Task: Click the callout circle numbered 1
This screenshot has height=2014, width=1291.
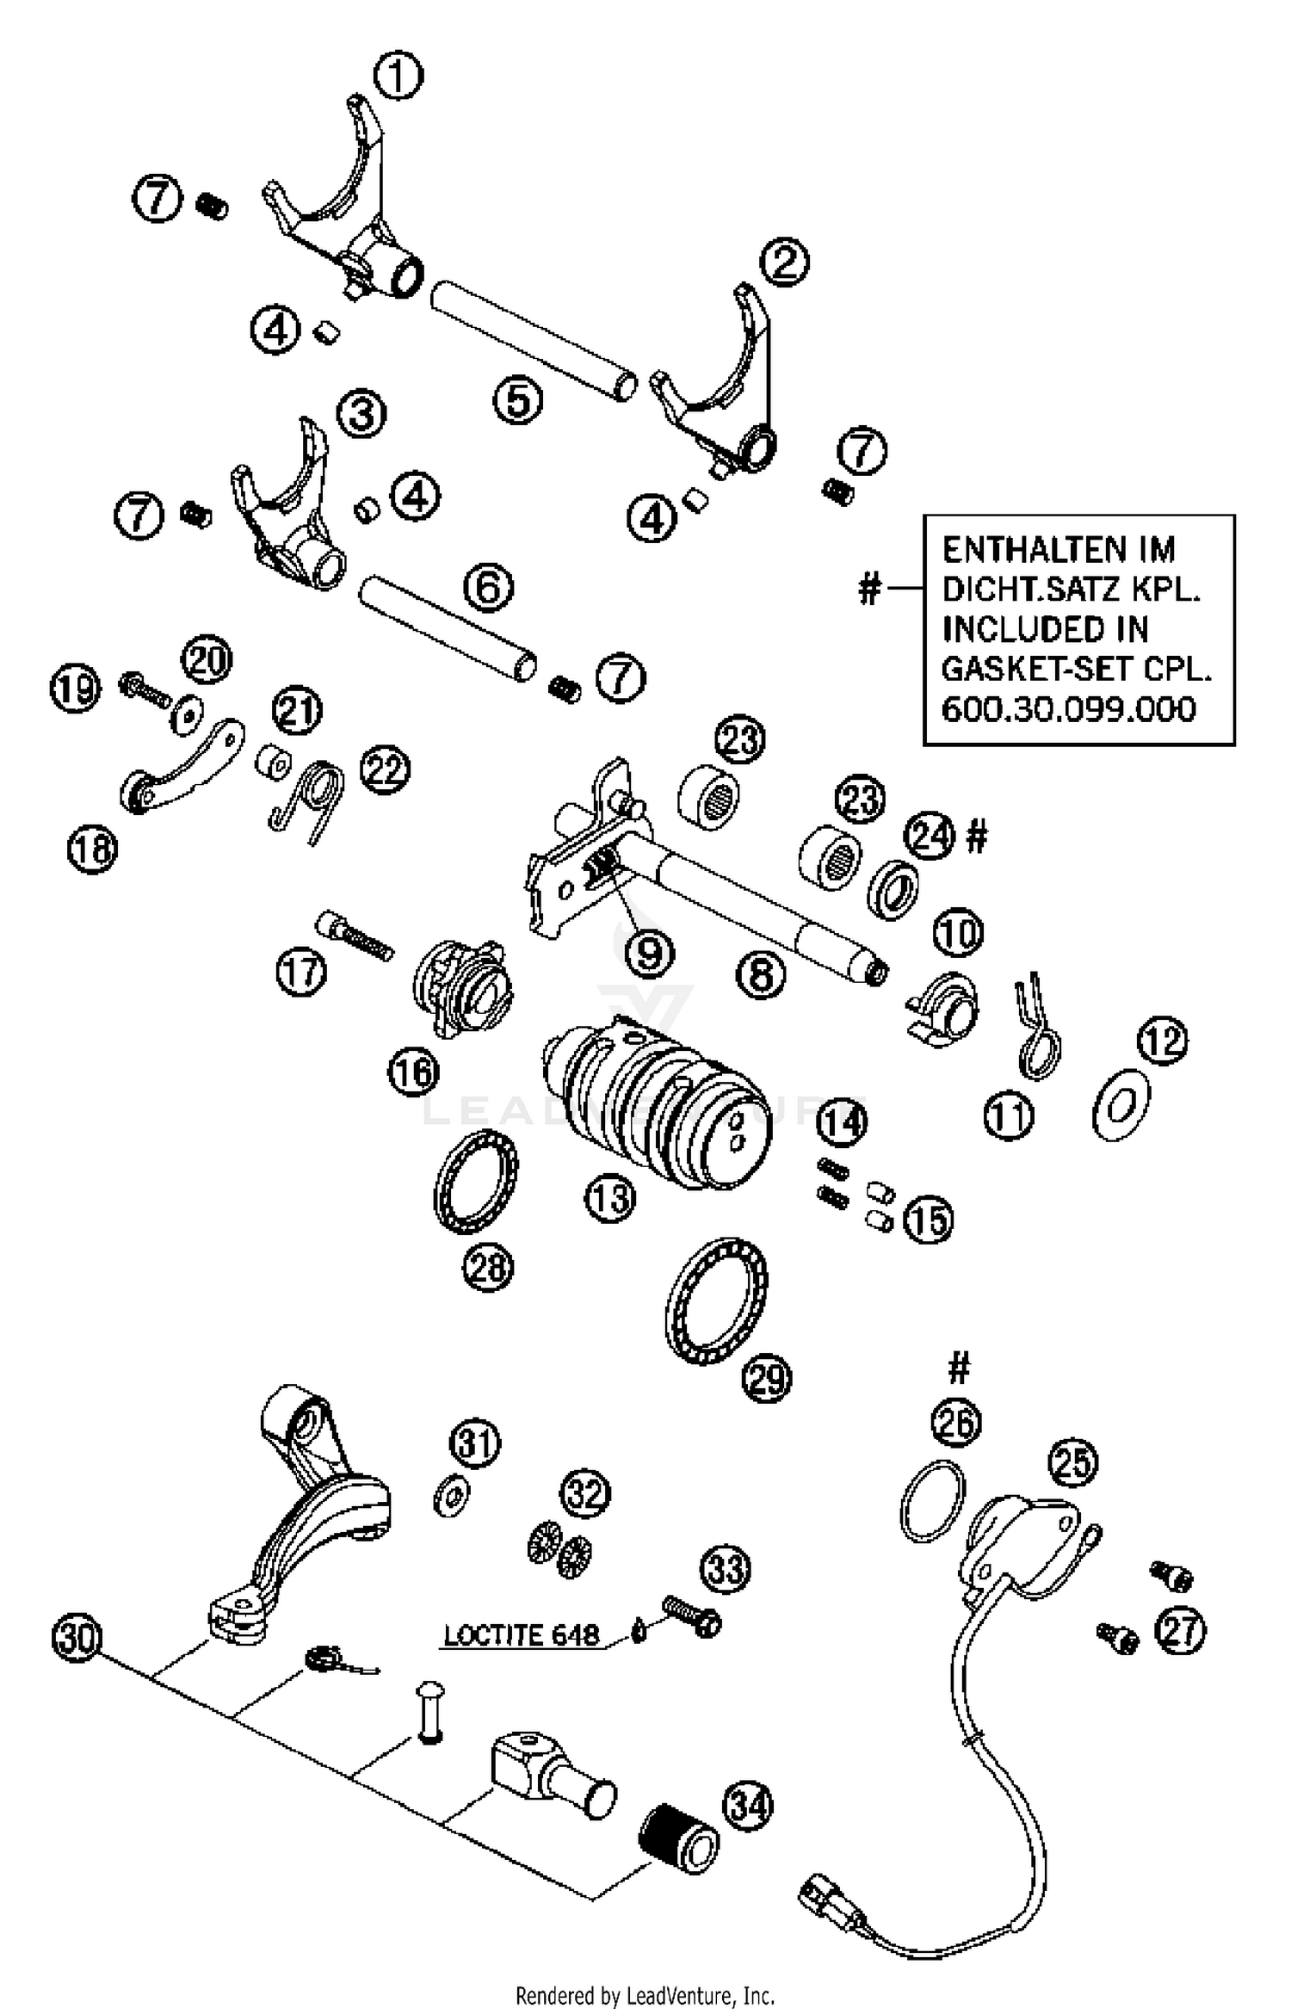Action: (x=398, y=76)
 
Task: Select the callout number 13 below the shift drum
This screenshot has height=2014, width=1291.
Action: (x=610, y=1198)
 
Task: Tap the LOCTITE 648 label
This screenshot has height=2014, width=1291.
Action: (x=521, y=1634)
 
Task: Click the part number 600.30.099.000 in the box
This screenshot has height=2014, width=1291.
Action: (x=1068, y=710)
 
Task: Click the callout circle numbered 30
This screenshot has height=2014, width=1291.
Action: (x=77, y=1637)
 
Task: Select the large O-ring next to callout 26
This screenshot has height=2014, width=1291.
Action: (x=932, y=1501)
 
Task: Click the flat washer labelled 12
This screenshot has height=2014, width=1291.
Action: (x=1121, y=1105)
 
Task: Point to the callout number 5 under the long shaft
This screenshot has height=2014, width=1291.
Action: (x=518, y=399)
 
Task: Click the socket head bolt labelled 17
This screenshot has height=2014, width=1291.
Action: (x=355, y=936)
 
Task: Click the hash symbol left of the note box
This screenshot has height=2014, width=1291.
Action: (x=870, y=590)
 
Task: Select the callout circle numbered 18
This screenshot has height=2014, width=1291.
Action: (x=92, y=849)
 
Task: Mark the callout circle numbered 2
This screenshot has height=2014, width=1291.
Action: (x=784, y=262)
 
